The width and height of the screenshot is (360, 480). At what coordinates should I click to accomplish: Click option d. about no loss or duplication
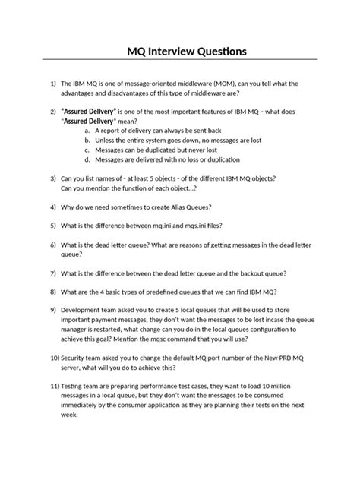(x=87, y=159)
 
